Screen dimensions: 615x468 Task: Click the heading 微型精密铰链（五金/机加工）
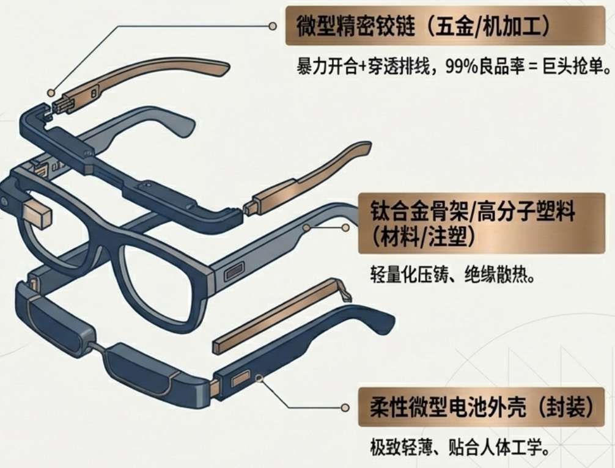(x=437, y=27)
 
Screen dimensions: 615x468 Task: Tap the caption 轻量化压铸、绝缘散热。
(x=453, y=274)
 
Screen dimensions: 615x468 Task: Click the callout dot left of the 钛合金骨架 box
(x=345, y=227)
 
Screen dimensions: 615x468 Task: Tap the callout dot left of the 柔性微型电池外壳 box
(x=345, y=407)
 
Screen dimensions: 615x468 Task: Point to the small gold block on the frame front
(x=39, y=212)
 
